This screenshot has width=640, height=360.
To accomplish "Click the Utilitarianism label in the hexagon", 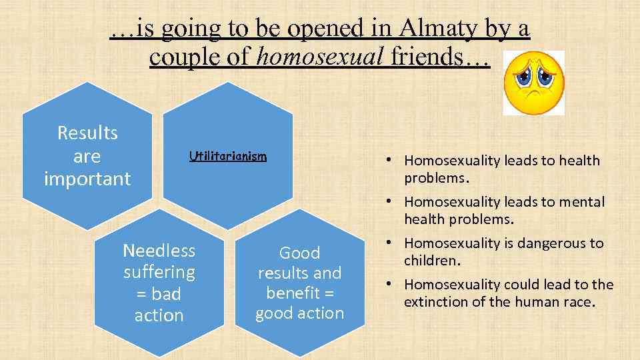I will pyautogui.click(x=227, y=157).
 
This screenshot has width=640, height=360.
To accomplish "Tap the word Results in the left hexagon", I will pyautogui.click(x=87, y=133).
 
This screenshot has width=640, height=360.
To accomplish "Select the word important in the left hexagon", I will pyautogui.click(x=87, y=179).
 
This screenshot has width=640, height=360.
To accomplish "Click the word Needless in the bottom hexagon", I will pyautogui.click(x=159, y=251).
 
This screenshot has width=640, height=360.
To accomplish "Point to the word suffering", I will pyautogui.click(x=159, y=272).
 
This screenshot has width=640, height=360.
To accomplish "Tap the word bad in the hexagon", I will pyautogui.click(x=167, y=294).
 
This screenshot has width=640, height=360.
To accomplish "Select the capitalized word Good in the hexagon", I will pyautogui.click(x=299, y=253).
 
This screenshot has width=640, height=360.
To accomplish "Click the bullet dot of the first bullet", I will pyautogui.click(x=387, y=161).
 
